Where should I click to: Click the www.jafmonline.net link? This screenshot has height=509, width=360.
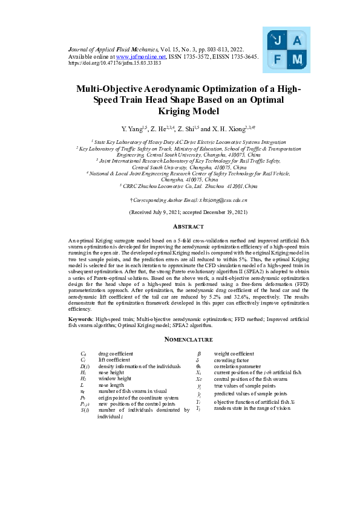(137, 56)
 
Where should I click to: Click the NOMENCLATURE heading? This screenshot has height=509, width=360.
(180, 340)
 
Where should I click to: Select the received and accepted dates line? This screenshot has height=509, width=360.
(180, 213)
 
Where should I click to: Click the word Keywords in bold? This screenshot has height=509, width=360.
(81, 318)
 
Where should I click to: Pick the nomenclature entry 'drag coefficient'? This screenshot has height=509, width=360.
(116, 353)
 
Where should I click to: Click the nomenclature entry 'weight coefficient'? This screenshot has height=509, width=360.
(235, 353)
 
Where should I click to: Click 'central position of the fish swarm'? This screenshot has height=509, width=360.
(247, 379)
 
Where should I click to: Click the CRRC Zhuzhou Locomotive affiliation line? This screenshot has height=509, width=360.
(180, 187)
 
